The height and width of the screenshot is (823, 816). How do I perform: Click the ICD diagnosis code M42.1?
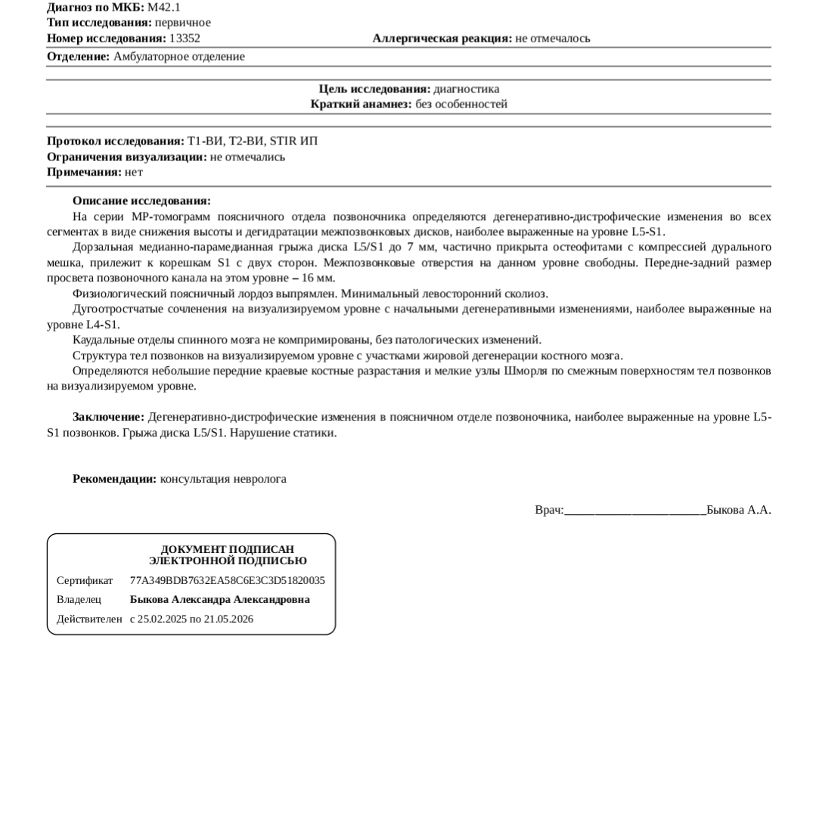click(x=164, y=8)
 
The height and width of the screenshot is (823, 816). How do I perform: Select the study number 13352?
click(x=185, y=38)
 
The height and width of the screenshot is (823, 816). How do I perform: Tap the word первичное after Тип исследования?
click(x=183, y=23)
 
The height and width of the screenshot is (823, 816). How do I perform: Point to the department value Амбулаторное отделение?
click(x=179, y=57)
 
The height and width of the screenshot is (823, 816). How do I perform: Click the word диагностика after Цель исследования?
click(x=466, y=89)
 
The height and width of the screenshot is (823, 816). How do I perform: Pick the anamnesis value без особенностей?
click(x=461, y=104)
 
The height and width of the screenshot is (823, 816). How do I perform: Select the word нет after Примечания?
click(x=134, y=172)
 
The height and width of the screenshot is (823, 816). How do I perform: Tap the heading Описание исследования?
click(x=141, y=201)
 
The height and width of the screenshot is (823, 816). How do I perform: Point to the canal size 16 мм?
click(x=320, y=278)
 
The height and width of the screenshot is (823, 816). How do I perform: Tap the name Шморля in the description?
click(x=525, y=371)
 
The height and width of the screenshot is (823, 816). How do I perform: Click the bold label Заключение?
click(x=108, y=417)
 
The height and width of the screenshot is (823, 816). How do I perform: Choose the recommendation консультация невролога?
click(x=223, y=479)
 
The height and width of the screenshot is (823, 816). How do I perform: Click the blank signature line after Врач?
click(x=635, y=512)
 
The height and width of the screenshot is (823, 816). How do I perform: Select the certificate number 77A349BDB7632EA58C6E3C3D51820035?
click(x=228, y=581)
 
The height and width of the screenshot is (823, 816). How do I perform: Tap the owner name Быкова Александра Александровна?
click(x=220, y=600)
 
